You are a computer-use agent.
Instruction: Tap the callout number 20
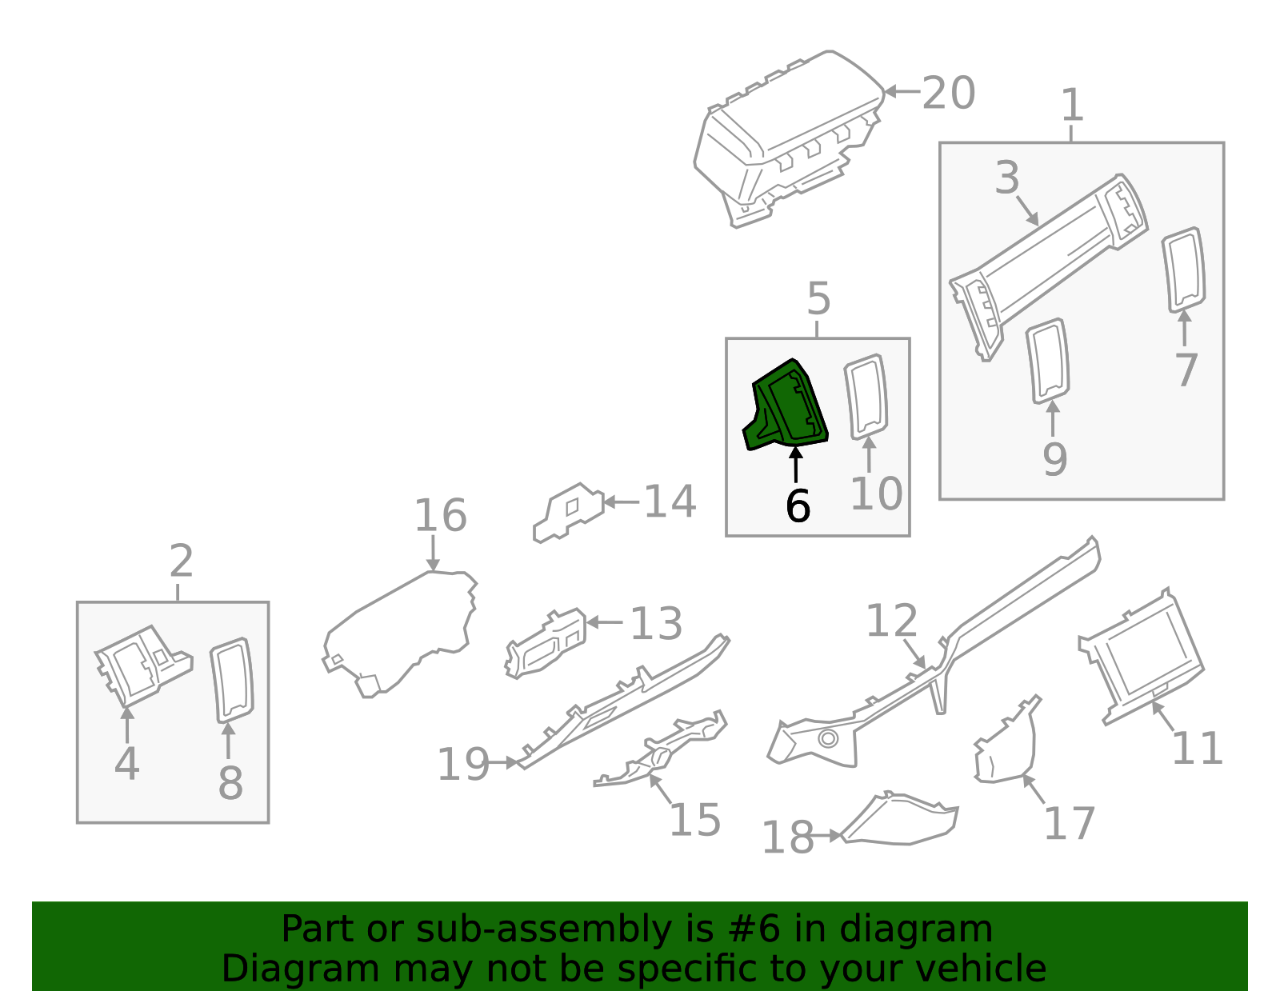tap(949, 94)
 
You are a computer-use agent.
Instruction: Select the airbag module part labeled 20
tap(788, 136)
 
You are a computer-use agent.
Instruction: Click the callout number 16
tap(440, 516)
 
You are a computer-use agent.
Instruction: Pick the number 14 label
tap(670, 502)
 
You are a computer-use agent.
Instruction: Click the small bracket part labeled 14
tap(568, 512)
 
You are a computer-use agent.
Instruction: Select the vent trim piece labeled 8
tap(232, 680)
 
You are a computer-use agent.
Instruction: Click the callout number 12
tap(891, 621)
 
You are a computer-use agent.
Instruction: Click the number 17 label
tap(1069, 825)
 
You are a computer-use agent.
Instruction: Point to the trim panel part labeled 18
tap(900, 824)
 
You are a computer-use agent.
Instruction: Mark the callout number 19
tap(463, 765)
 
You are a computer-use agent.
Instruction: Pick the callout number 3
tap(1007, 178)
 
